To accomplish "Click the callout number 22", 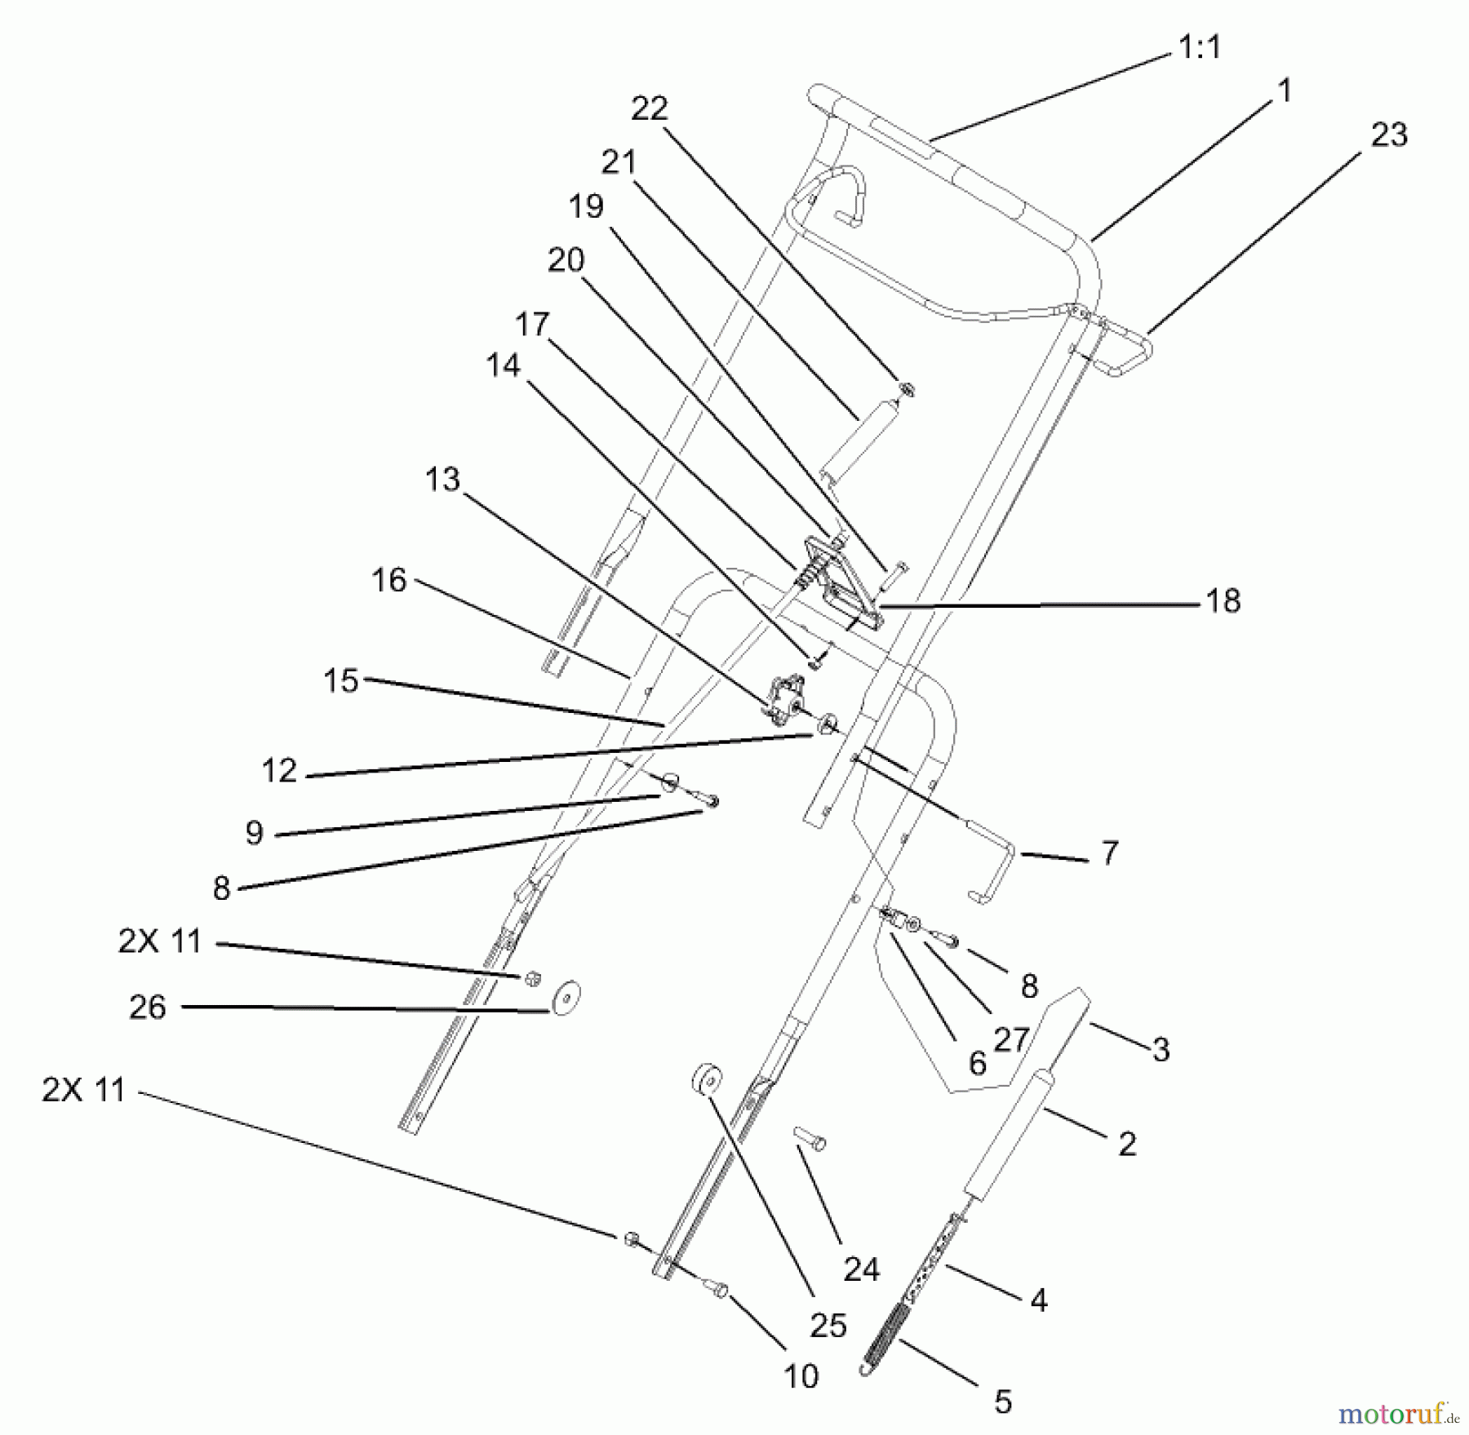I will pos(650,109).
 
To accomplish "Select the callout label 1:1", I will pos(1200,48).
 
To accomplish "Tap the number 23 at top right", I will pos(1389,135).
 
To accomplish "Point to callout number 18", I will pos(1223,601).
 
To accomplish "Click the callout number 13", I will pos(442,480).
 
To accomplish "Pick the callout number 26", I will pos(148,1008).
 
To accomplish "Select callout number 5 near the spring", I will pos(1003,1402).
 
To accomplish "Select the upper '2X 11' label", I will pos(160,941).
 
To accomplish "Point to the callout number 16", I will pos(389,581).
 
